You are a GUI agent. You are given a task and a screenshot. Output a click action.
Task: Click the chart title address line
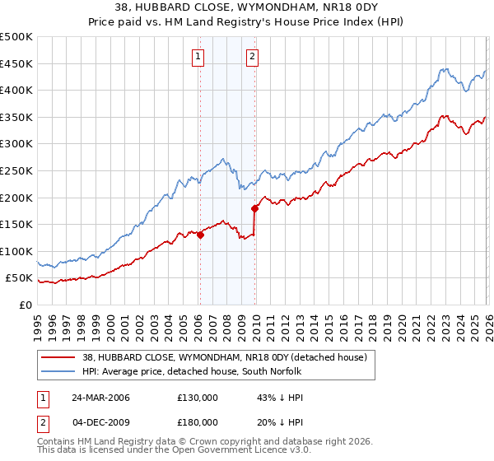pos(247,9)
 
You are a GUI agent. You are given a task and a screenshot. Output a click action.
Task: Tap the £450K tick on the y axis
pos(16,63)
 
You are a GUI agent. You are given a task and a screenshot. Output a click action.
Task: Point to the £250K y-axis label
pos(16,170)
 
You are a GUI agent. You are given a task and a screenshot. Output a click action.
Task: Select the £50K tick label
pos(20,277)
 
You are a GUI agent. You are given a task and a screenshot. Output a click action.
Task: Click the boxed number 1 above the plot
pos(199,57)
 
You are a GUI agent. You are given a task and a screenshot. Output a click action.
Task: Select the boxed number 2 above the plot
pos(252,57)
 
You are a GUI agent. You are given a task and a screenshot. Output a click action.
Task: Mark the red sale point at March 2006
pos(200,235)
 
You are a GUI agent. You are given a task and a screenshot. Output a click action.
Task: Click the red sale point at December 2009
pos(254,208)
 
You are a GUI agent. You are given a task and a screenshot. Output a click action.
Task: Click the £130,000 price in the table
pos(198,398)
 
